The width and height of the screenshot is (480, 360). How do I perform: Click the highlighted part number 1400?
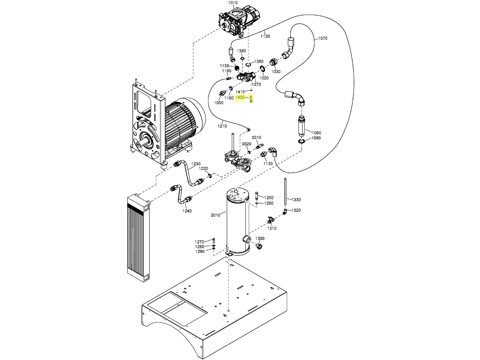pos(240,98)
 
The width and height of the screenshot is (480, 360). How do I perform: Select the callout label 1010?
pos(233,3)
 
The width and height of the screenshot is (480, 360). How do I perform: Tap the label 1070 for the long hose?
pos(323,38)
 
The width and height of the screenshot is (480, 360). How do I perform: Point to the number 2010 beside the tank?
pos(216,215)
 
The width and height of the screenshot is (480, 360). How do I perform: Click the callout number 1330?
pos(296,200)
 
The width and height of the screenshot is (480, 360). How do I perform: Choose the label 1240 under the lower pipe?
pos(187,211)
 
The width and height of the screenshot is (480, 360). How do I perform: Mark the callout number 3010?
pos(257,137)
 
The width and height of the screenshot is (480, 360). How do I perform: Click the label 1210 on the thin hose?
pos(222,126)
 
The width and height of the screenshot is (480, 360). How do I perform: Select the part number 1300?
pos(260,239)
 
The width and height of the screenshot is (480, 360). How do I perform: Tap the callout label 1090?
pos(316,138)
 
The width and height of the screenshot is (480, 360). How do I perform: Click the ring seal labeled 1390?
pos(242,58)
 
